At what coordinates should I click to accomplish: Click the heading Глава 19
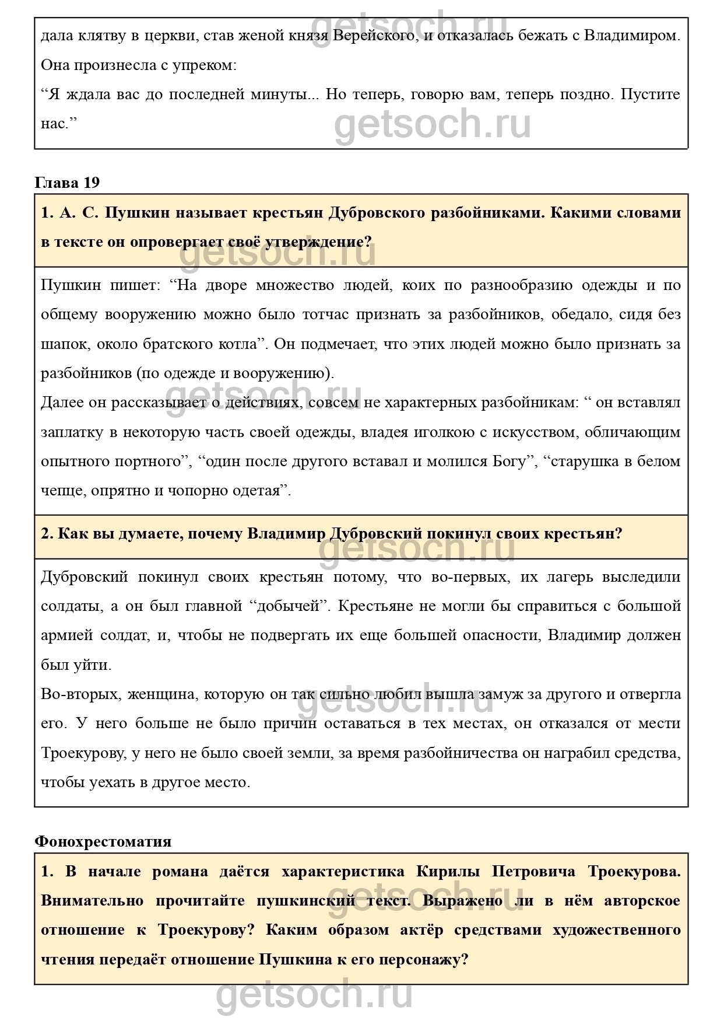point(67,183)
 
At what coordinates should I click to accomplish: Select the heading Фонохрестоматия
point(103,841)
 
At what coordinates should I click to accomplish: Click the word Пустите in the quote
point(650,94)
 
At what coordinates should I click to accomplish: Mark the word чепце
point(63,490)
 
